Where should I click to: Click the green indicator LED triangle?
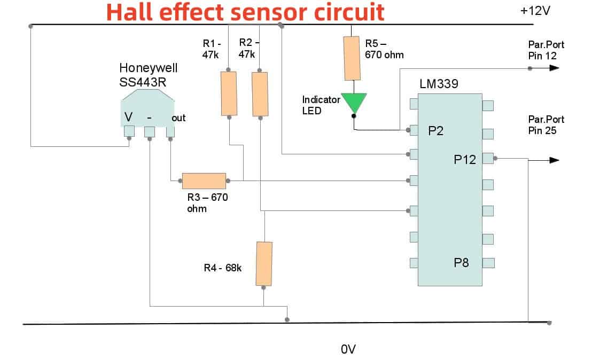354,101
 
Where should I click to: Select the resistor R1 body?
229,93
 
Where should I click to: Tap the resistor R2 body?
260,93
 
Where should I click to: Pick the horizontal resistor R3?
204,181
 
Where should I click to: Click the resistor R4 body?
264,263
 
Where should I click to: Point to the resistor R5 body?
352,58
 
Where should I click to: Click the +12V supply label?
534,11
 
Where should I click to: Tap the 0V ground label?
348,349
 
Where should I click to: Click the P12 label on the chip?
464,159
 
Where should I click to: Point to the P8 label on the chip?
461,262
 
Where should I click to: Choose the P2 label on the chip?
436,131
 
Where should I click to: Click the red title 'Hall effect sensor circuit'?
245,12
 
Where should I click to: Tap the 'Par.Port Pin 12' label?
546,50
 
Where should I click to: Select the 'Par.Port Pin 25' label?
546,124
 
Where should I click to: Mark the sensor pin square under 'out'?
170,131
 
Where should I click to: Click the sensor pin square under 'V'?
129,131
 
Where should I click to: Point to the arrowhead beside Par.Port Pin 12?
554,68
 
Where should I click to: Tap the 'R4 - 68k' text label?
223,268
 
